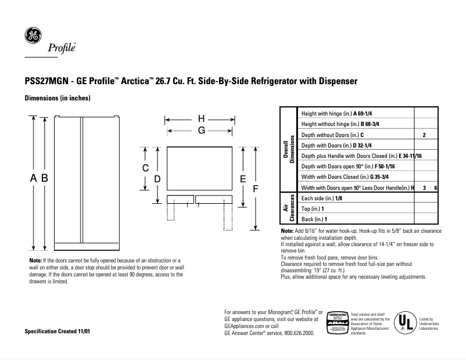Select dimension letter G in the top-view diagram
pyautogui.click(x=202, y=131)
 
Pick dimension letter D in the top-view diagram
pyautogui.click(x=157, y=179)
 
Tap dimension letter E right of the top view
pyautogui.click(x=243, y=179)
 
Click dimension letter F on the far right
pyautogui.click(x=254, y=189)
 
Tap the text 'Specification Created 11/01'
pyautogui.click(x=57, y=331)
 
